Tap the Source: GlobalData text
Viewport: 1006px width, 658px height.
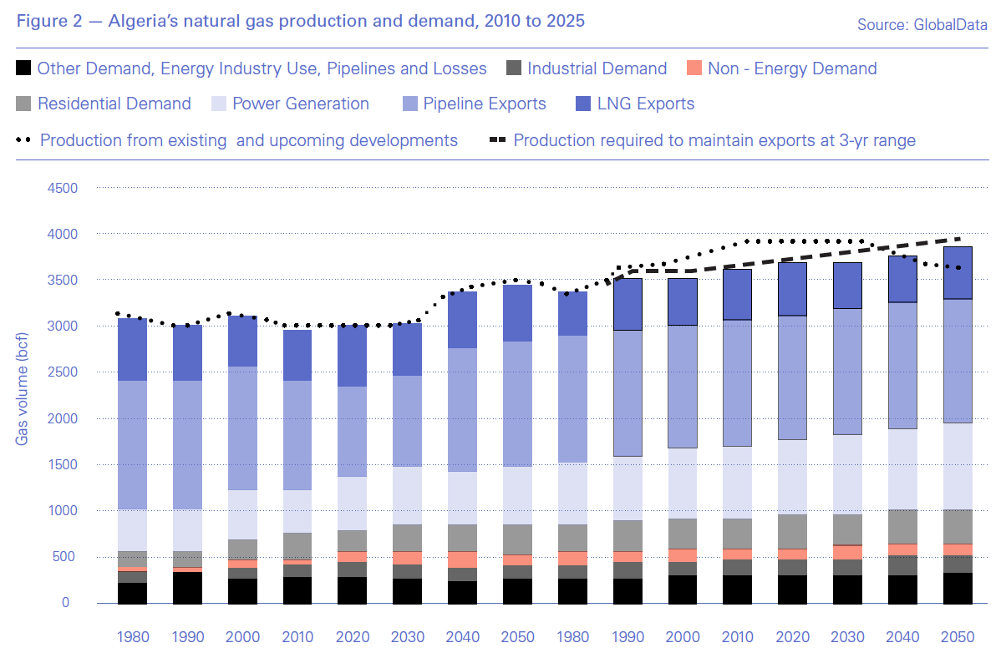922,25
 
